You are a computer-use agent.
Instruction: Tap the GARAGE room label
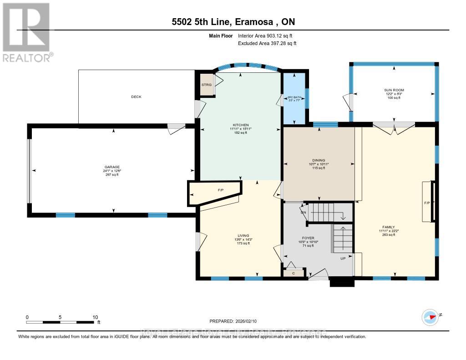[x=112, y=167]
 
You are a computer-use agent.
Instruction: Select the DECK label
[x=136, y=96]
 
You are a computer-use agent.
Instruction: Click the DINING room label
[x=319, y=160]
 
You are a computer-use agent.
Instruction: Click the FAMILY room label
[x=388, y=227]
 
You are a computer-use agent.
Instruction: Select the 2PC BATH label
[x=294, y=97]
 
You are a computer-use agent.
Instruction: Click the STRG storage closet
[x=207, y=85]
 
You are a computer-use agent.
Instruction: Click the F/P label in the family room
[x=427, y=202]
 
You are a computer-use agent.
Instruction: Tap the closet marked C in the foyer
[x=293, y=273]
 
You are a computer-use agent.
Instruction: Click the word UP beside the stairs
[x=344, y=259]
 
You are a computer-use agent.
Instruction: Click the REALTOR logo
[x=27, y=32]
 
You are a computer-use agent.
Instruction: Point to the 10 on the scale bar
[x=95, y=317]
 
